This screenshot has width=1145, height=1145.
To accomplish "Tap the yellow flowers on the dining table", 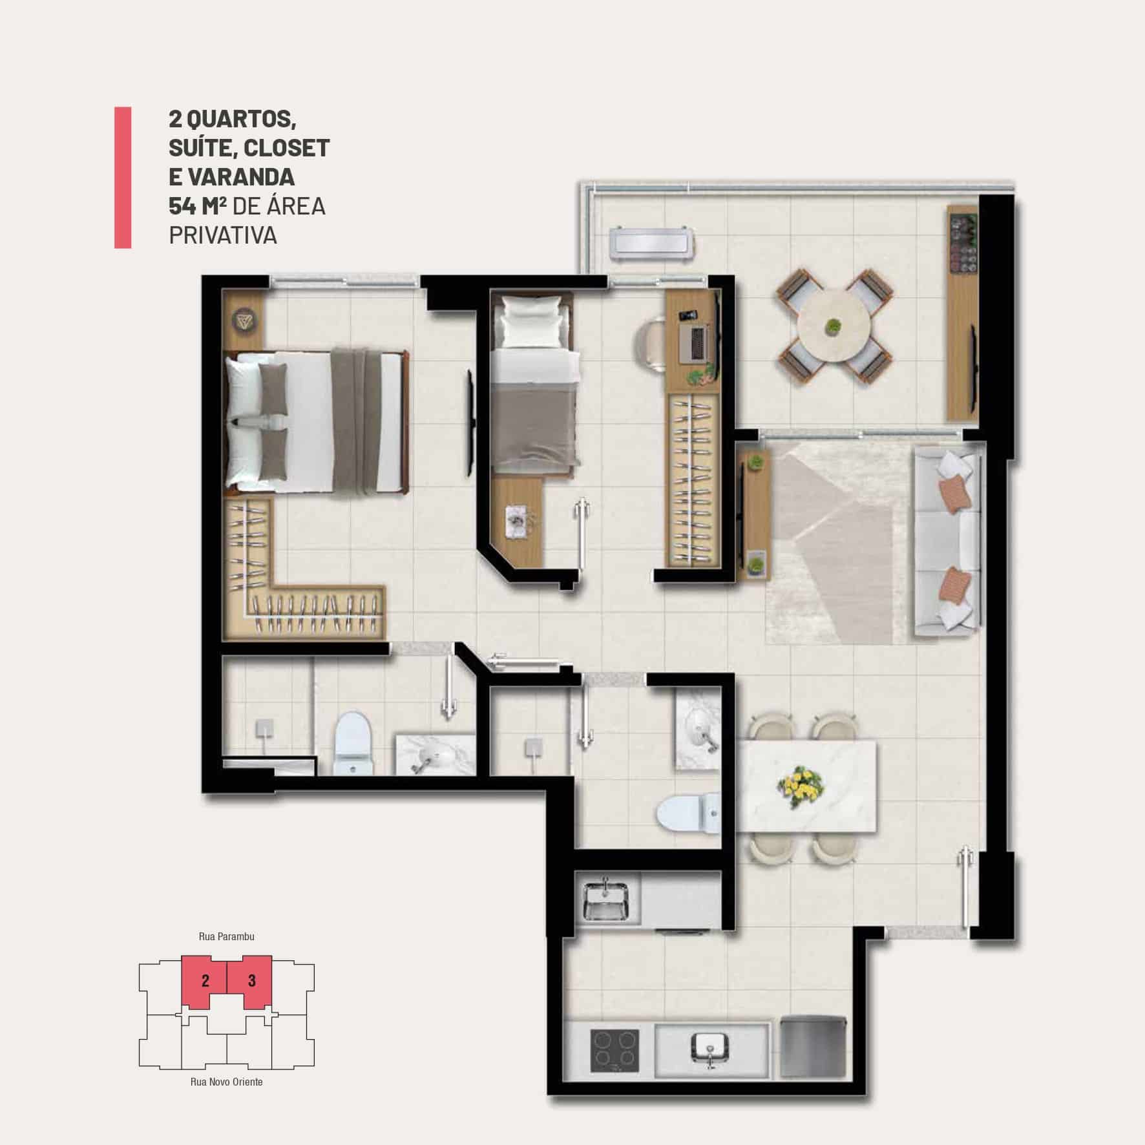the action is (x=801, y=786).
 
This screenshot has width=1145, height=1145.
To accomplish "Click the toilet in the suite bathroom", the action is (x=353, y=743).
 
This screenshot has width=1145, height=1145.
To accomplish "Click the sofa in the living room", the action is (x=947, y=542).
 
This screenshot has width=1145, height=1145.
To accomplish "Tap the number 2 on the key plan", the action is (x=205, y=981).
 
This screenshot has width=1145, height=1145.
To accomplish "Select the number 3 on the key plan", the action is (x=252, y=981).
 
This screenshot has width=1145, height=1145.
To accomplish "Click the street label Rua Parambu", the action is (x=226, y=936).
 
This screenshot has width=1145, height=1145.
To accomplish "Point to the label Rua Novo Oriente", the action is (x=226, y=1082).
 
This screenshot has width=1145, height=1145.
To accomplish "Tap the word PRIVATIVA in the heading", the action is (x=223, y=236).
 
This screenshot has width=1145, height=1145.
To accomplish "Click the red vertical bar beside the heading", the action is (x=123, y=177).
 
